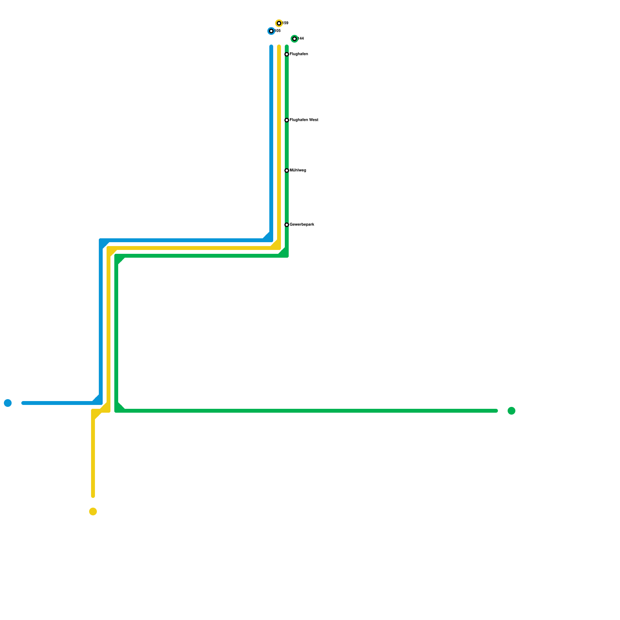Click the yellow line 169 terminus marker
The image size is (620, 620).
(x=279, y=23)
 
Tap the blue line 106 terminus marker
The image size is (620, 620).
(x=271, y=31)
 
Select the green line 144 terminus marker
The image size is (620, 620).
(x=294, y=39)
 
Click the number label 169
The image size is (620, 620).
(x=285, y=23)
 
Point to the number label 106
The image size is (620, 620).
(x=277, y=31)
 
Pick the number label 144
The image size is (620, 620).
(x=301, y=39)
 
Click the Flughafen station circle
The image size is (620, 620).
(x=287, y=54)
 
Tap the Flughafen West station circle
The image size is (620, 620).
(x=287, y=120)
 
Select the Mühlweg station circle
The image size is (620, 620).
(x=287, y=170)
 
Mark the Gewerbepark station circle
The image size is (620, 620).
(x=287, y=225)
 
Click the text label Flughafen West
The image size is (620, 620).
(x=304, y=120)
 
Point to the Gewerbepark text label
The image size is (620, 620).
(x=302, y=225)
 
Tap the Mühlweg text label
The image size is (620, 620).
(x=298, y=170)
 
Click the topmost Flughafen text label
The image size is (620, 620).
(x=299, y=54)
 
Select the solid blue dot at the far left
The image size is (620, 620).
(x=8, y=403)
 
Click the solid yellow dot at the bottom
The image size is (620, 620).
(x=93, y=511)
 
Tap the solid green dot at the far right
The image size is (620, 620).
(x=511, y=411)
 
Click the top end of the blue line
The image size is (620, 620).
(x=271, y=46)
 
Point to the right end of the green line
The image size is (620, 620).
(x=496, y=411)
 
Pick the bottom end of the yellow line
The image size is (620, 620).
(x=93, y=496)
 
